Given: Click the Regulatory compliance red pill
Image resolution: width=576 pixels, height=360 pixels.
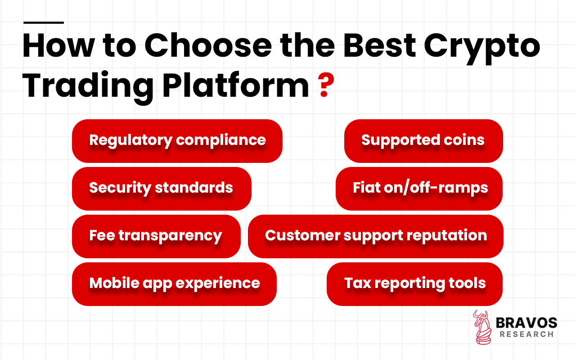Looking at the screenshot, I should coord(177,140).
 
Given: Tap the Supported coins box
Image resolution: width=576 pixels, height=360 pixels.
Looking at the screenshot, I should coord(423,140).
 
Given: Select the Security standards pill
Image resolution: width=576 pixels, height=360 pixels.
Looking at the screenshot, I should coord(161,188).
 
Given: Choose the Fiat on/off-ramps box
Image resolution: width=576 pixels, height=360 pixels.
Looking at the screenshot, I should coord(419,188).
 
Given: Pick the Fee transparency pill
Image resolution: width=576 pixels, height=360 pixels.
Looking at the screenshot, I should coord(156,236).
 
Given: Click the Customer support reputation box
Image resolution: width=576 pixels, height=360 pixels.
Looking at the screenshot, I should coord(375,236).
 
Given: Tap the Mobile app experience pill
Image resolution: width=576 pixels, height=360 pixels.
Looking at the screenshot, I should coord(174,283).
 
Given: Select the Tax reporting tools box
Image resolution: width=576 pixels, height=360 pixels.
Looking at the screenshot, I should coord(414,283).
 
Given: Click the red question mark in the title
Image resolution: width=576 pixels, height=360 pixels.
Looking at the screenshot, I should coord(323,86).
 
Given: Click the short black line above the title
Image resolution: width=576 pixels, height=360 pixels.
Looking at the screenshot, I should coord(43,22).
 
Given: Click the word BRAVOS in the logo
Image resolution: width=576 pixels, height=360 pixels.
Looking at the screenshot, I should coord(526,323).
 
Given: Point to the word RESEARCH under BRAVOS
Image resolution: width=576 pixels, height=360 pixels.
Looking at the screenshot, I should coord(526,334).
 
